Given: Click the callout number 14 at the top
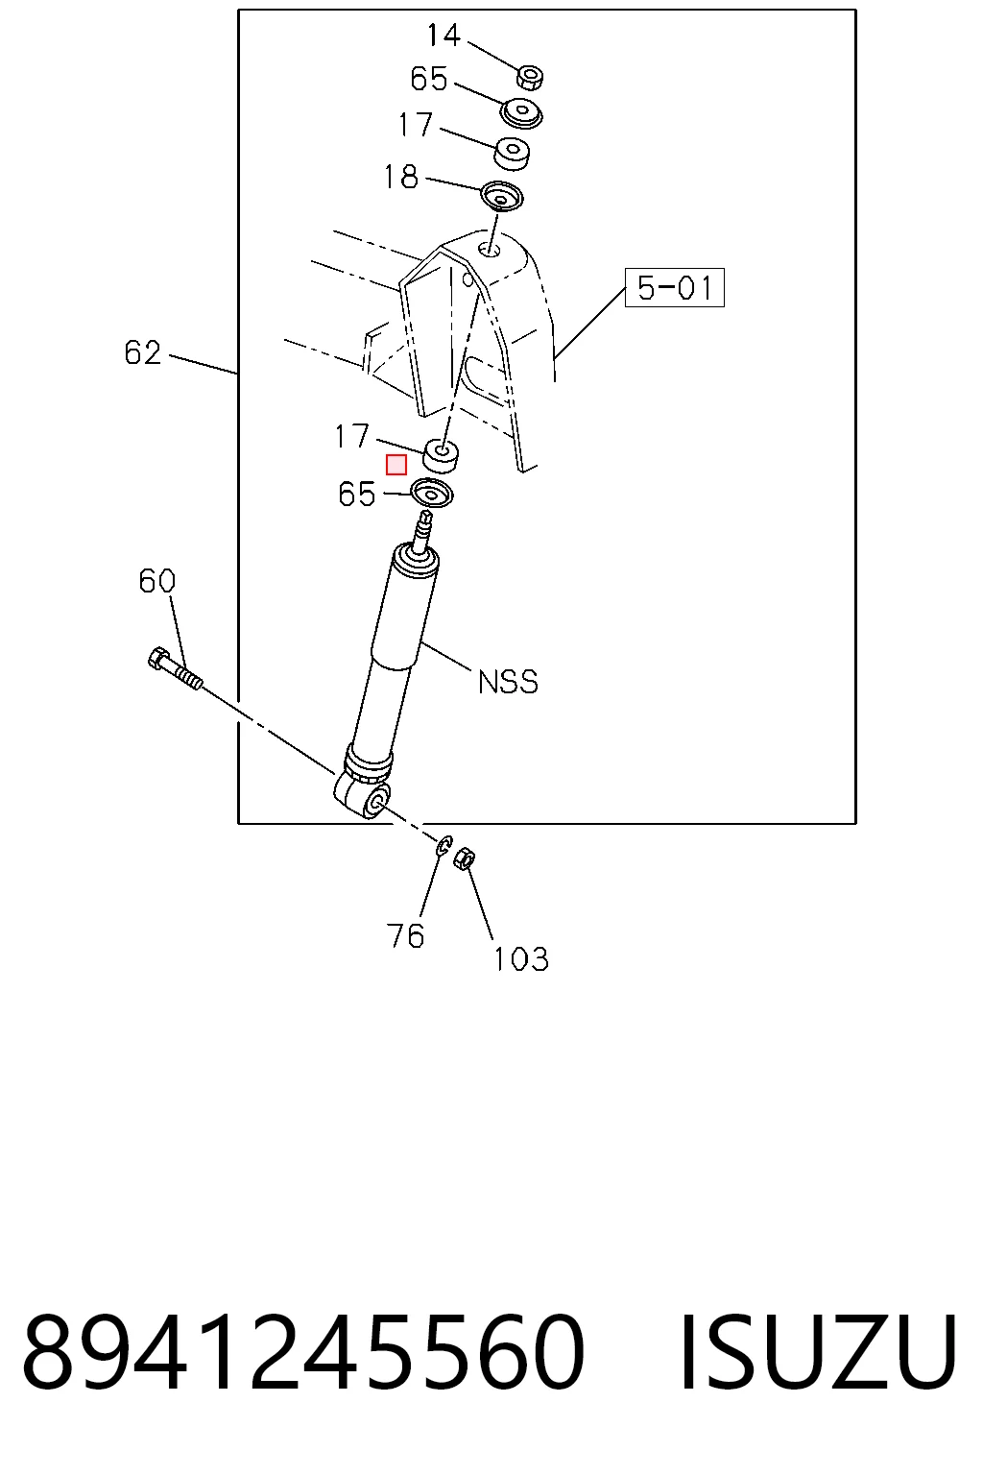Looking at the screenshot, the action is [444, 35].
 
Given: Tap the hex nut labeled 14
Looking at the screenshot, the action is [529, 77].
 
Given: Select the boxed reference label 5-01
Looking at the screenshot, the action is [674, 288].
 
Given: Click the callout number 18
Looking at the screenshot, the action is [401, 177].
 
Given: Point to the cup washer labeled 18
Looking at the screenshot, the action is [501, 196].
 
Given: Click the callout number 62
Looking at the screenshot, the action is [142, 353].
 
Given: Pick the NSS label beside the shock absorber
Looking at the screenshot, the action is [508, 682].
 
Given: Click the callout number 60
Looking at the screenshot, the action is [156, 581].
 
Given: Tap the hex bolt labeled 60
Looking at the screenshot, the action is [175, 668].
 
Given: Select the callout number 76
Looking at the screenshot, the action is [405, 935].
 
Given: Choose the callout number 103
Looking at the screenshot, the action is [521, 959].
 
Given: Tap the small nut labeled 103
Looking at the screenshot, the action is [466, 858].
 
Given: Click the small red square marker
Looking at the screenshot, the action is [396, 466].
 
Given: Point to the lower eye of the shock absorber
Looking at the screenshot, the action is [364, 799].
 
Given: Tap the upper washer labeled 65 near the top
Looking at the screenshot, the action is [521, 114].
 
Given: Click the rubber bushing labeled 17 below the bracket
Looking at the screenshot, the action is [440, 456].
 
